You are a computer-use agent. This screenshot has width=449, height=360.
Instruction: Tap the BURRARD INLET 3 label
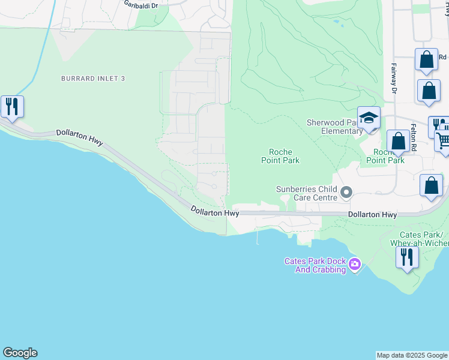(x=92, y=79)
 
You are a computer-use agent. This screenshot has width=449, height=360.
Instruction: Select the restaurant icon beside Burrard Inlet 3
(x=12, y=107)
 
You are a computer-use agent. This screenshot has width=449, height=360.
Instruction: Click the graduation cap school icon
(x=369, y=118)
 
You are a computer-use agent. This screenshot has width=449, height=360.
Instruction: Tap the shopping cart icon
(x=443, y=140)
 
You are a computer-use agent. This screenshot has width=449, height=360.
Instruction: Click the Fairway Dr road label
(x=394, y=79)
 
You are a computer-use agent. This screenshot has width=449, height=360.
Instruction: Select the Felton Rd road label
(x=414, y=138)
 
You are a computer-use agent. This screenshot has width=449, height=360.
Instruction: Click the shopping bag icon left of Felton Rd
(x=398, y=142)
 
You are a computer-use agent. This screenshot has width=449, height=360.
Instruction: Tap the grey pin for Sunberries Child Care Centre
(x=346, y=193)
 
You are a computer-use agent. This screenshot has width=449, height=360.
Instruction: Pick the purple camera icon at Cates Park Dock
(x=355, y=263)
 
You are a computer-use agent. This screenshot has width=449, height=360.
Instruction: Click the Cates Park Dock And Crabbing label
(x=315, y=265)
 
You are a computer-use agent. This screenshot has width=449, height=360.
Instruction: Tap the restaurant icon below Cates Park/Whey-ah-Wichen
(x=408, y=257)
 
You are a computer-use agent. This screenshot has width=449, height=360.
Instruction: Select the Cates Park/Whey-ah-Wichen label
(x=420, y=238)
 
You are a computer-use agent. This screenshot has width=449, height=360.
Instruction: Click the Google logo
(x=20, y=353)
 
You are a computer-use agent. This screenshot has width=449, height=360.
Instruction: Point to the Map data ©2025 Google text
(x=412, y=355)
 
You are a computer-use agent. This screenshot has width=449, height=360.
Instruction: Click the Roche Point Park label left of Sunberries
(x=280, y=156)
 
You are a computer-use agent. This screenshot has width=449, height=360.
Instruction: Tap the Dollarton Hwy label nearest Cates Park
(x=373, y=214)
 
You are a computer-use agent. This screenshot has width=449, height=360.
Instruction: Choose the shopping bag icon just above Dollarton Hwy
(x=431, y=185)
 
